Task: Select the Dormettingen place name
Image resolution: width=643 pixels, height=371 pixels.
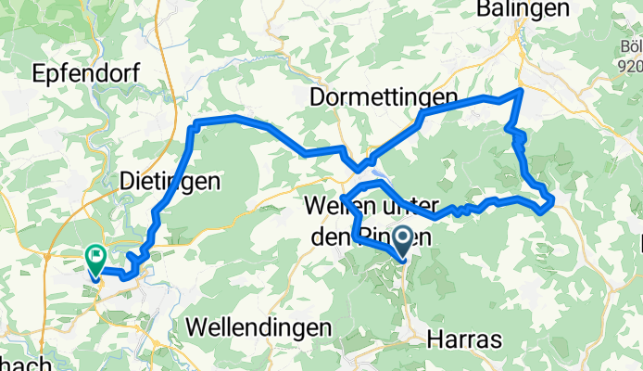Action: tap(385, 97)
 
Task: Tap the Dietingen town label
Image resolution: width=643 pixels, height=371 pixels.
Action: tap(170, 182)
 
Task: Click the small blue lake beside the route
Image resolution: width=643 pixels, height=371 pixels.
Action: tap(378, 172)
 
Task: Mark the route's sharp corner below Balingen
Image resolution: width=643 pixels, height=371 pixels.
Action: tap(522, 91)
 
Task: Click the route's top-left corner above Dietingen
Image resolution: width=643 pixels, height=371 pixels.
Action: tap(195, 124)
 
